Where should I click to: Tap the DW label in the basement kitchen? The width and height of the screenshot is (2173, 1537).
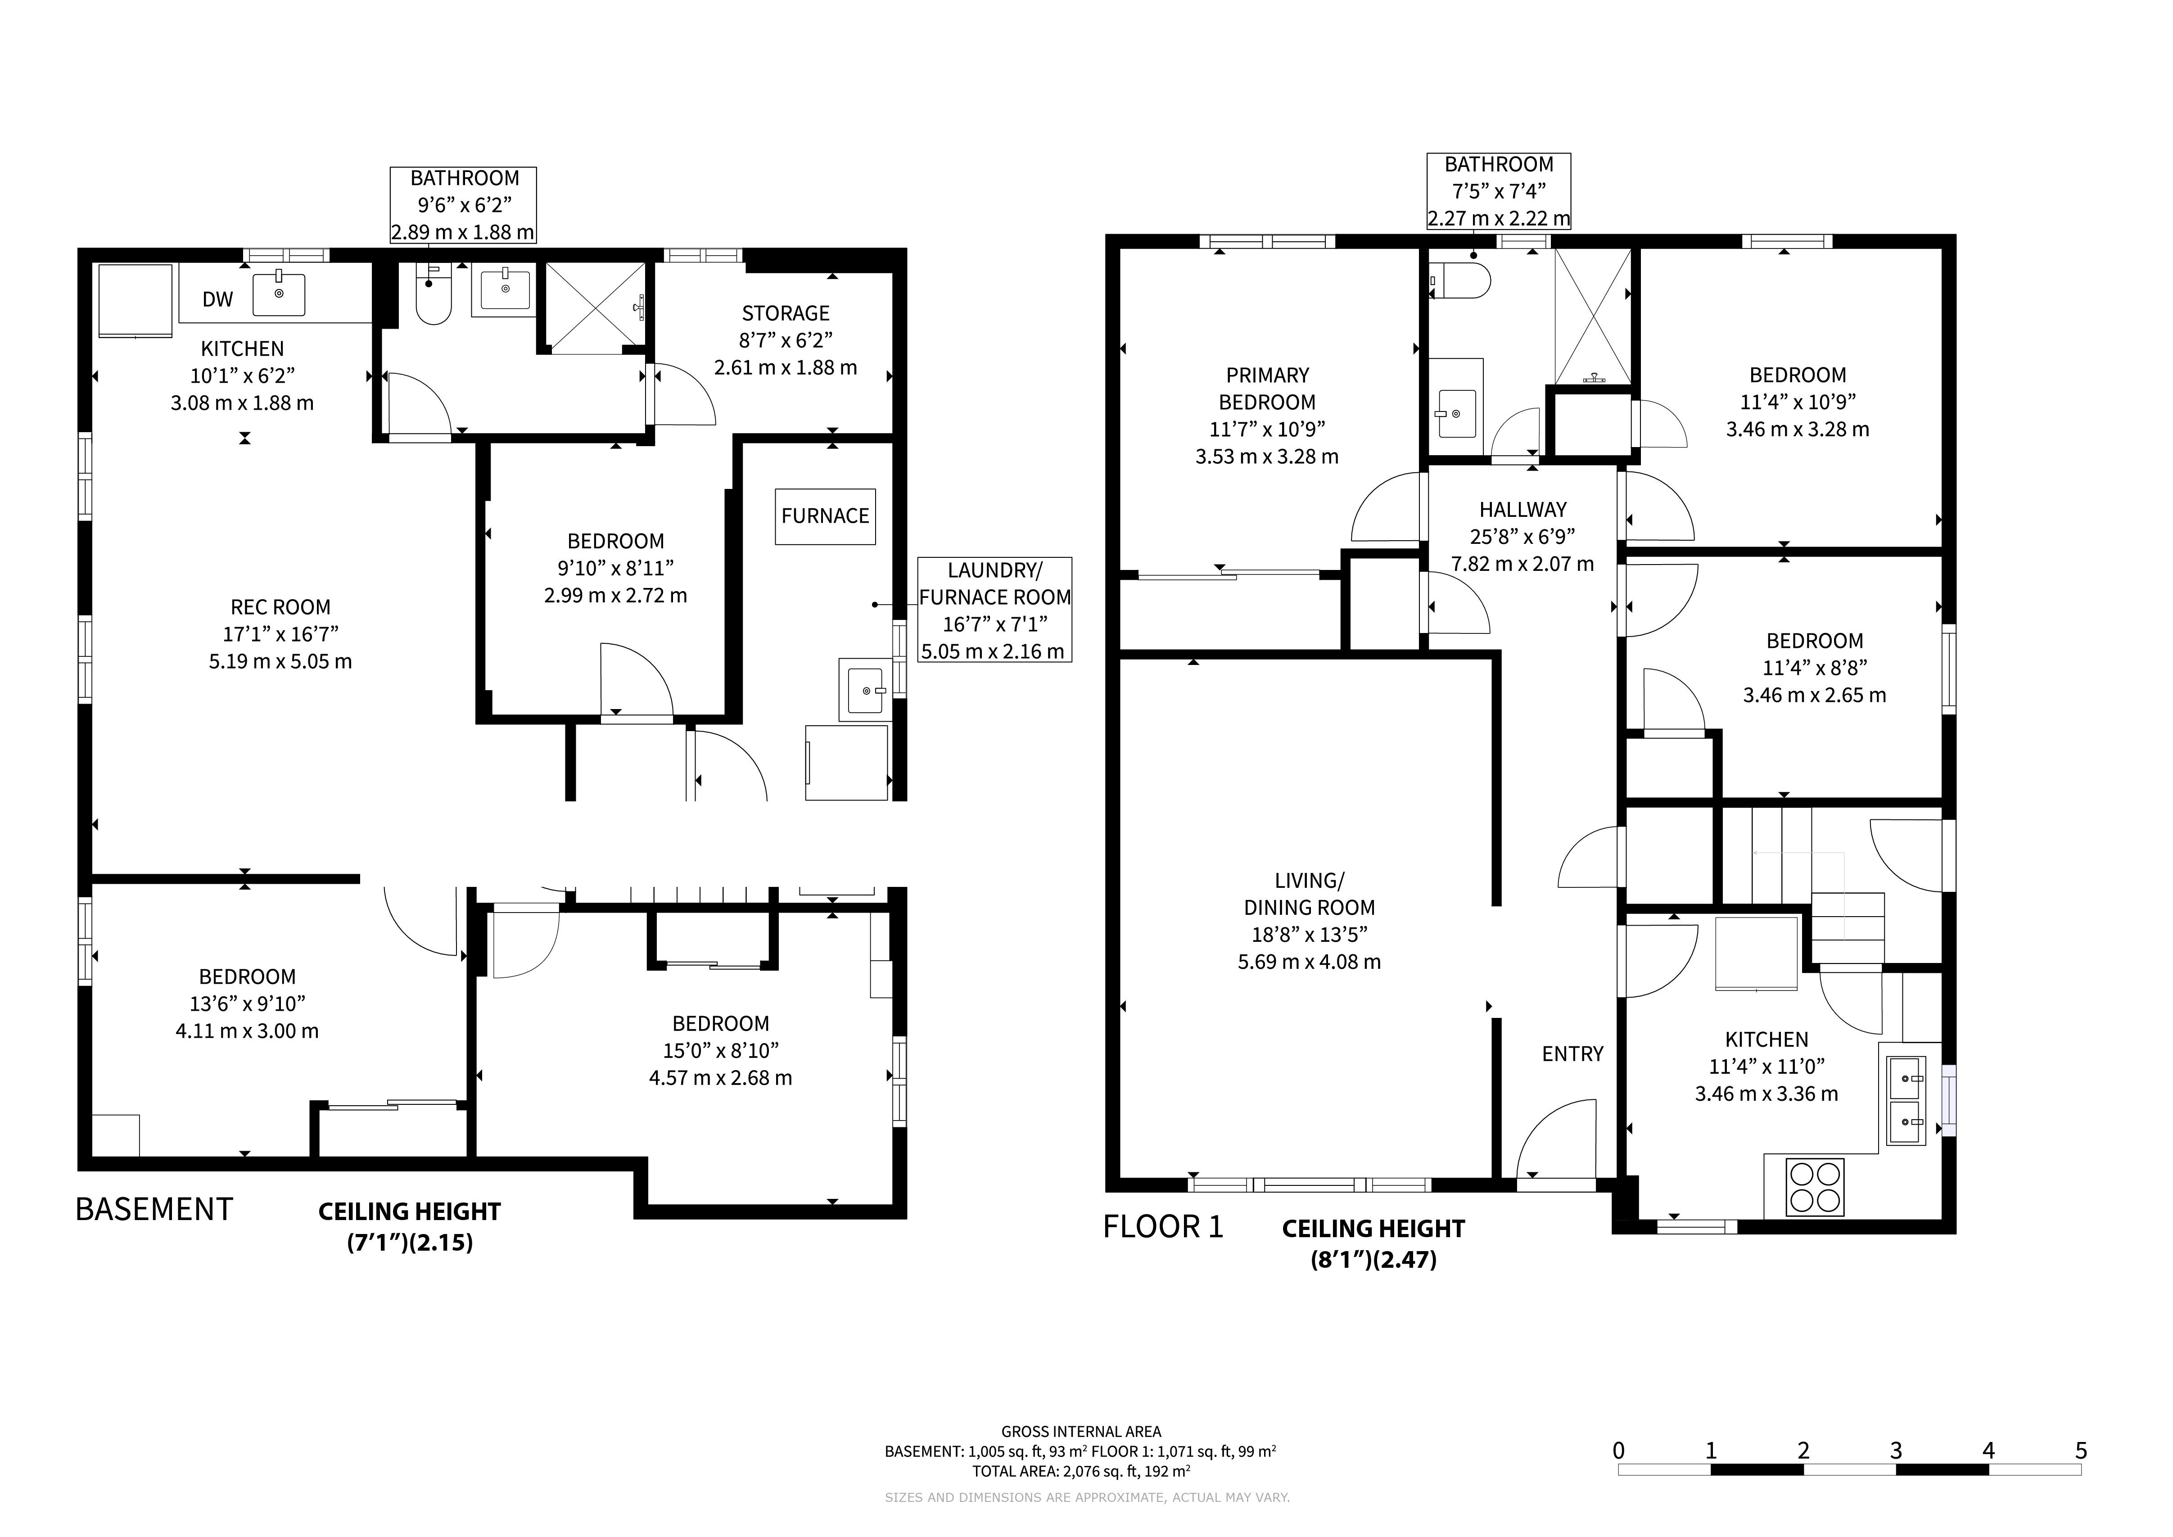pos(218,299)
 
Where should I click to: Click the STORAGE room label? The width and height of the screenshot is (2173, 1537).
pos(786,313)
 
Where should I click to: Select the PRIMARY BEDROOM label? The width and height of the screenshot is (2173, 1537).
pos(1267,388)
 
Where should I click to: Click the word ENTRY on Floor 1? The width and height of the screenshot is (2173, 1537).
pos(1573,1053)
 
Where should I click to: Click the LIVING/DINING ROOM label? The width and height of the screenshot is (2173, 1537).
pos(1310,893)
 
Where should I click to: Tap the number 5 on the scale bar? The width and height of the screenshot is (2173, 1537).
pos(2081,1451)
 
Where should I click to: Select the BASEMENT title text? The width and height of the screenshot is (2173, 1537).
pos(154,1210)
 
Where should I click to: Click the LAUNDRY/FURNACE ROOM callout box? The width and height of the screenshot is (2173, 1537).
pos(995,610)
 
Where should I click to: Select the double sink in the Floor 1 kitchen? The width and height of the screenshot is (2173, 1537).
pos(1906,1101)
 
